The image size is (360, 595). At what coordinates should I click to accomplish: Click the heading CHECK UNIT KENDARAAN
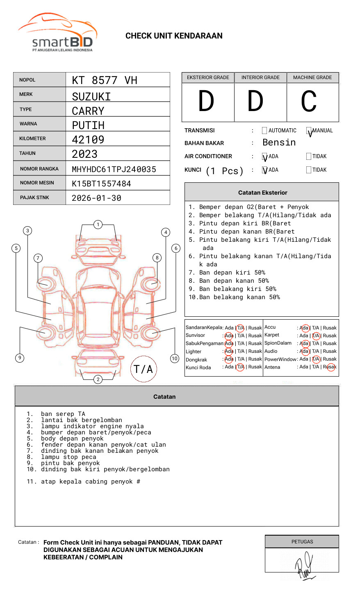(x=174, y=36)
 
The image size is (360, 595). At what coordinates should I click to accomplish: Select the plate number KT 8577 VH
(x=105, y=80)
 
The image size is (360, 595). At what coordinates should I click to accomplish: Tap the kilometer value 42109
(x=88, y=140)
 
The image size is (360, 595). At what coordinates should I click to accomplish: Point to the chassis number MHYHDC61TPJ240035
(x=114, y=169)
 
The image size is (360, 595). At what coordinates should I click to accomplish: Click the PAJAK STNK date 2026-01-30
(x=96, y=198)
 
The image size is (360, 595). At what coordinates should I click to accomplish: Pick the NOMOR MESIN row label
(x=37, y=183)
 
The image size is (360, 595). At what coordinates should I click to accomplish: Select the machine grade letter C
(x=309, y=102)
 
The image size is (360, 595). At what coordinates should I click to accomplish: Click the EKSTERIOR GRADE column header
(x=208, y=77)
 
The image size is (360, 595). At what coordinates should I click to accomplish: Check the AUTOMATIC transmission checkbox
(x=264, y=131)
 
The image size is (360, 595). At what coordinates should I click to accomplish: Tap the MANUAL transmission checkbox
(x=309, y=131)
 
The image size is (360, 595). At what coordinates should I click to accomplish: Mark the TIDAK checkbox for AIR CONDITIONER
(x=309, y=156)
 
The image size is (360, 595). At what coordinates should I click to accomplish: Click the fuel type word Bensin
(x=279, y=143)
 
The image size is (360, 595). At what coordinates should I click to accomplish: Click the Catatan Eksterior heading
(x=262, y=193)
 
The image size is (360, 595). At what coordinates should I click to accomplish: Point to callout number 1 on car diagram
(x=98, y=225)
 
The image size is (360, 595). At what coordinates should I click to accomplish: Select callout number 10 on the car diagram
(x=175, y=359)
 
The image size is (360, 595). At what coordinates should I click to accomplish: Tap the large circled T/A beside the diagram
(x=144, y=369)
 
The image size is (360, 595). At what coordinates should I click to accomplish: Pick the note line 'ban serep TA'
(x=63, y=414)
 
